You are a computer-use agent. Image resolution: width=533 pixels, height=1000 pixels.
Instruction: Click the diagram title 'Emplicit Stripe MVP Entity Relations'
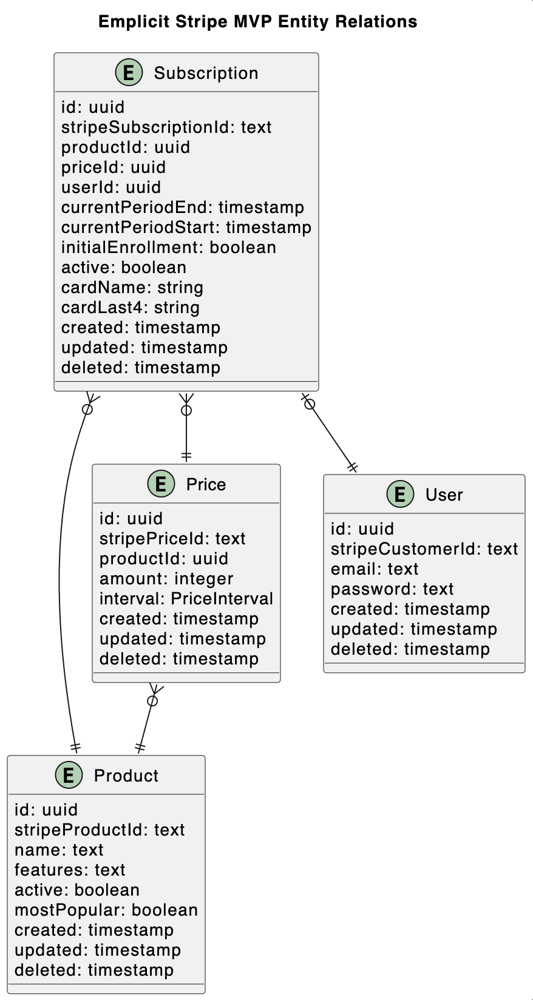(257, 22)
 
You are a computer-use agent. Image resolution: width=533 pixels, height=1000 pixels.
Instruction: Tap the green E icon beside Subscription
(129, 73)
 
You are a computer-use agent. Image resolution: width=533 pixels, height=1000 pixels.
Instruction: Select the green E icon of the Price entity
(161, 484)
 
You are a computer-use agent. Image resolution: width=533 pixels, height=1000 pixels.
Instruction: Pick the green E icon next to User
(400, 495)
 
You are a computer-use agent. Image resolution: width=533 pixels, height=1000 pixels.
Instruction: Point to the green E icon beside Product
(69, 775)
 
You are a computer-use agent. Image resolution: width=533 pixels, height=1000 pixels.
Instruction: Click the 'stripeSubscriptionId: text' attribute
(166, 127)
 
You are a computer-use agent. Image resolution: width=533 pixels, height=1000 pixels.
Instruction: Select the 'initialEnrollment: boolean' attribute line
(169, 248)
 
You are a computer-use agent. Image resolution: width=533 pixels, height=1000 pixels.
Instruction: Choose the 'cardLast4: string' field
(131, 308)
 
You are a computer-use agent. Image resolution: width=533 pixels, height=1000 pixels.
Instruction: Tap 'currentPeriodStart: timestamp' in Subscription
(186, 228)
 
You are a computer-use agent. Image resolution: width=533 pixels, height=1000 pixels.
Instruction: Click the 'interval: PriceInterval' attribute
(186, 599)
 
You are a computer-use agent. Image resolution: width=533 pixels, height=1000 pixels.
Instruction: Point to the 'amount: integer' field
(166, 579)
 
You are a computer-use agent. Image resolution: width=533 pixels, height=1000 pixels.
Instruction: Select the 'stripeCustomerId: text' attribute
(424, 549)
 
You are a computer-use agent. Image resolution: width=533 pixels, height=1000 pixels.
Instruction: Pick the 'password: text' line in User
(392, 589)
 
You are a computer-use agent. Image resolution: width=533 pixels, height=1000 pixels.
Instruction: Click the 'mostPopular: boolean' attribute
(106, 910)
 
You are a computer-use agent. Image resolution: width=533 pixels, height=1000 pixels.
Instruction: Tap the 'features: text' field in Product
(70, 870)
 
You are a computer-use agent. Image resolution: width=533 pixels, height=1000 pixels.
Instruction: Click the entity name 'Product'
(126, 775)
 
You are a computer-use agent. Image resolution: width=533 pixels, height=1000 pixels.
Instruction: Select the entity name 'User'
(444, 495)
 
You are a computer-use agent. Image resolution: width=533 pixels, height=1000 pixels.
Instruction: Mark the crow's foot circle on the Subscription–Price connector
(186, 411)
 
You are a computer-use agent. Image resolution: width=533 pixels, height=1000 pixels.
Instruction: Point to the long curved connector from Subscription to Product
(61, 576)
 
